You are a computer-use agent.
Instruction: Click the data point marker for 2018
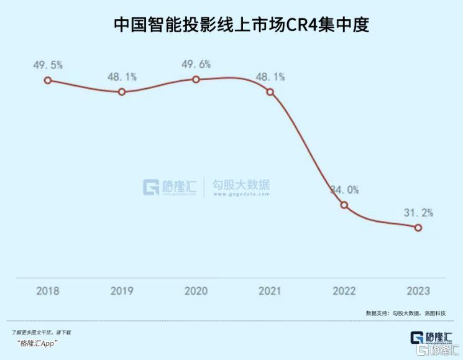47,80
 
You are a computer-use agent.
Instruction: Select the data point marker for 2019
122,92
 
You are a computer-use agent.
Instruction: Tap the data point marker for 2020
196,80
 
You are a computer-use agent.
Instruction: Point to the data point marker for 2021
270,92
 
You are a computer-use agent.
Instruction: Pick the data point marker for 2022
344,205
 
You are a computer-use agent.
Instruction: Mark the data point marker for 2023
418,228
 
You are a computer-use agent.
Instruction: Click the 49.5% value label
48,64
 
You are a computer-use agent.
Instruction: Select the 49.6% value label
196,64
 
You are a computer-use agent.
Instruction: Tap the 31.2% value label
418,213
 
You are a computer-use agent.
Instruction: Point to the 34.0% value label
345,190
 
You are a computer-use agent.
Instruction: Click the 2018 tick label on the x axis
48,290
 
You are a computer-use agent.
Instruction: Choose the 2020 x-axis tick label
196,290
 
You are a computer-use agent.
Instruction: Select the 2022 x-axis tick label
344,290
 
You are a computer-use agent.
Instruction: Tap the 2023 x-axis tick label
418,290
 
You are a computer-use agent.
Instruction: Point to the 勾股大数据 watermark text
242,185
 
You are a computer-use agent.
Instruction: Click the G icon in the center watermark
152,187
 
